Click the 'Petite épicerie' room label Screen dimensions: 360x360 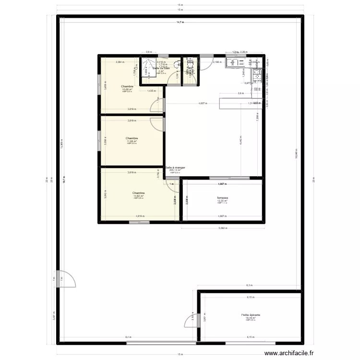pos(251,315)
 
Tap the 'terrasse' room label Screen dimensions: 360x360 pos(222,198)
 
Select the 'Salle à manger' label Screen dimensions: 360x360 pos(175,168)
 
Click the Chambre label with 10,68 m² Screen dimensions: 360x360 pos(127,86)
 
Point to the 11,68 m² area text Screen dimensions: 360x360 pos(132,141)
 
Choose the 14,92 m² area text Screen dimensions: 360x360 pos(139,196)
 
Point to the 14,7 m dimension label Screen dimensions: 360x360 pos(180,22)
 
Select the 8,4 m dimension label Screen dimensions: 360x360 pos(128,338)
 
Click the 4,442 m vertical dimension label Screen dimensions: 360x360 pos(240,142)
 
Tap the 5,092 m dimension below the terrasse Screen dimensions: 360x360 pos(222,228)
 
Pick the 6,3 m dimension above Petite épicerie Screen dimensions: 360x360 pos(249,285)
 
